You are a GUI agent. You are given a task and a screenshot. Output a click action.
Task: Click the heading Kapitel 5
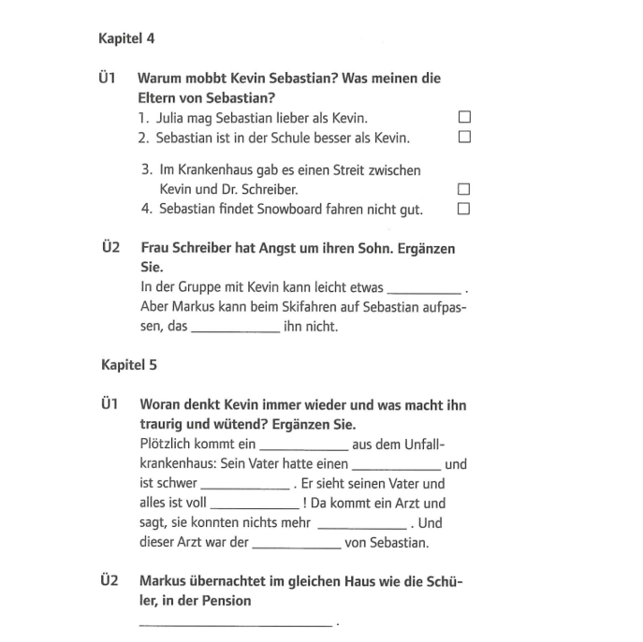point(129,365)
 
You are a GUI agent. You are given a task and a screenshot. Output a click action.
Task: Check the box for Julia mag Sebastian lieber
point(463,118)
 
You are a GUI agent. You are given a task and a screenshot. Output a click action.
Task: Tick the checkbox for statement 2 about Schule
point(463,137)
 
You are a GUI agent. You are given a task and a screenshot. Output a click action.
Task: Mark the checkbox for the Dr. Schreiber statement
point(463,190)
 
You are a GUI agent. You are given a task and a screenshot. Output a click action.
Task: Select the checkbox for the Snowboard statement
point(463,209)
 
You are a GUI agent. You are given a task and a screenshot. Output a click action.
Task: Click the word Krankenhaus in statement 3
point(210,170)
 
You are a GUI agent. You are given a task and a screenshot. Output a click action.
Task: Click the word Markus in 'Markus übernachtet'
point(163,581)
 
